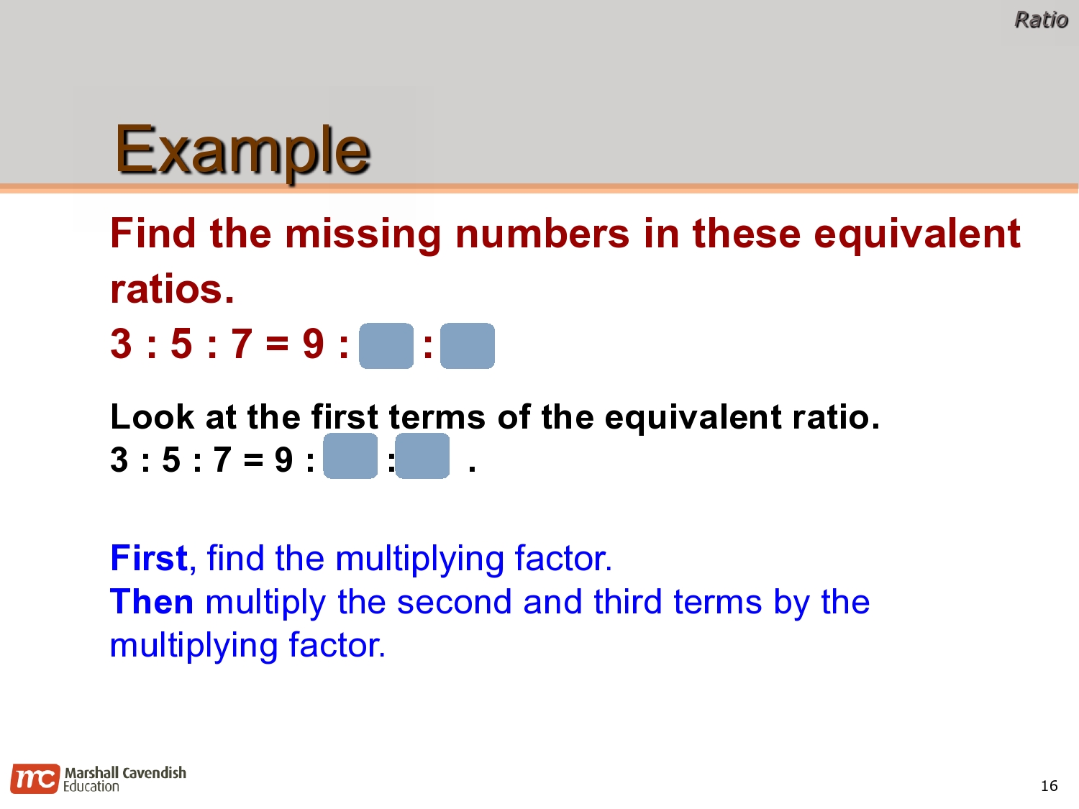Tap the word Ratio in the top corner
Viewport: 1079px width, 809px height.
tap(1041, 19)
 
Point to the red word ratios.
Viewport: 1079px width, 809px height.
tap(172, 289)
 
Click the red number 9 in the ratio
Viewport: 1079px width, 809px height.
tap(314, 344)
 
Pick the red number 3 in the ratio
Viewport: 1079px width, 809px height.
tap(122, 344)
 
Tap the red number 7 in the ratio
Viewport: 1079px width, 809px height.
tap(242, 344)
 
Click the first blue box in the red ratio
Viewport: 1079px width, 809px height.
tap(386, 346)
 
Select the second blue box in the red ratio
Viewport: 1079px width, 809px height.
tap(468, 346)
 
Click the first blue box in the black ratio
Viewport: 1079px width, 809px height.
tap(350, 456)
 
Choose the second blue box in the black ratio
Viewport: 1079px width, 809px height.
tap(422, 456)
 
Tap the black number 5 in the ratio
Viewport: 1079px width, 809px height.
tap(171, 460)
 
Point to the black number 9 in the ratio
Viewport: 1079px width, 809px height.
tap(284, 460)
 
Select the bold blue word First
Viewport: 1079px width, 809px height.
tap(149, 558)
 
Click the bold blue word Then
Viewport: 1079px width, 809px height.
tap(151, 602)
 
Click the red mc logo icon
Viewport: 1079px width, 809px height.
tap(35, 779)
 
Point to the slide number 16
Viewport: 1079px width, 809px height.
tap(1049, 786)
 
